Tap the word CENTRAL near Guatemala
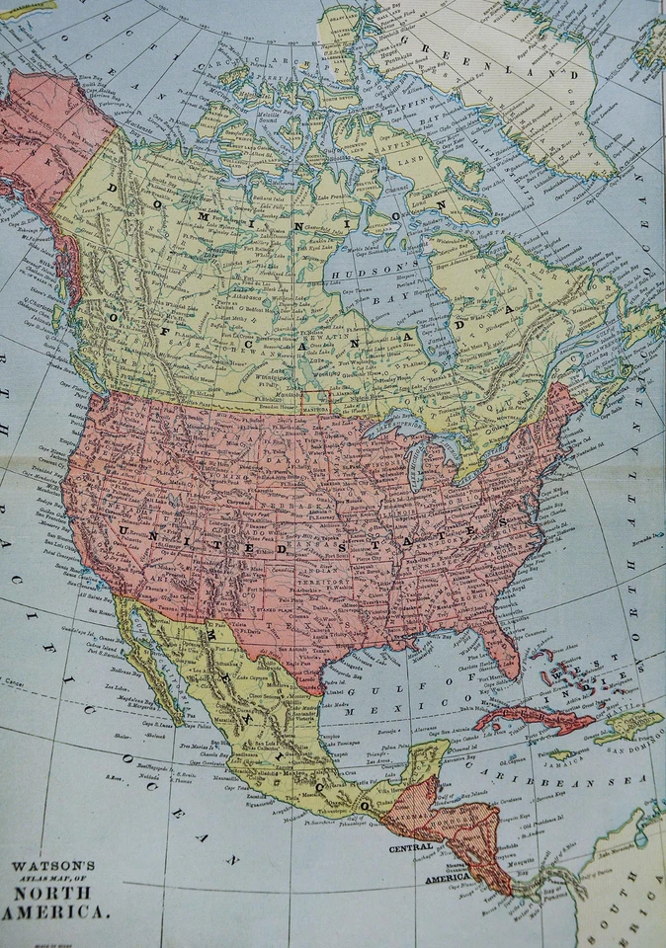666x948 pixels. click(411, 847)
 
